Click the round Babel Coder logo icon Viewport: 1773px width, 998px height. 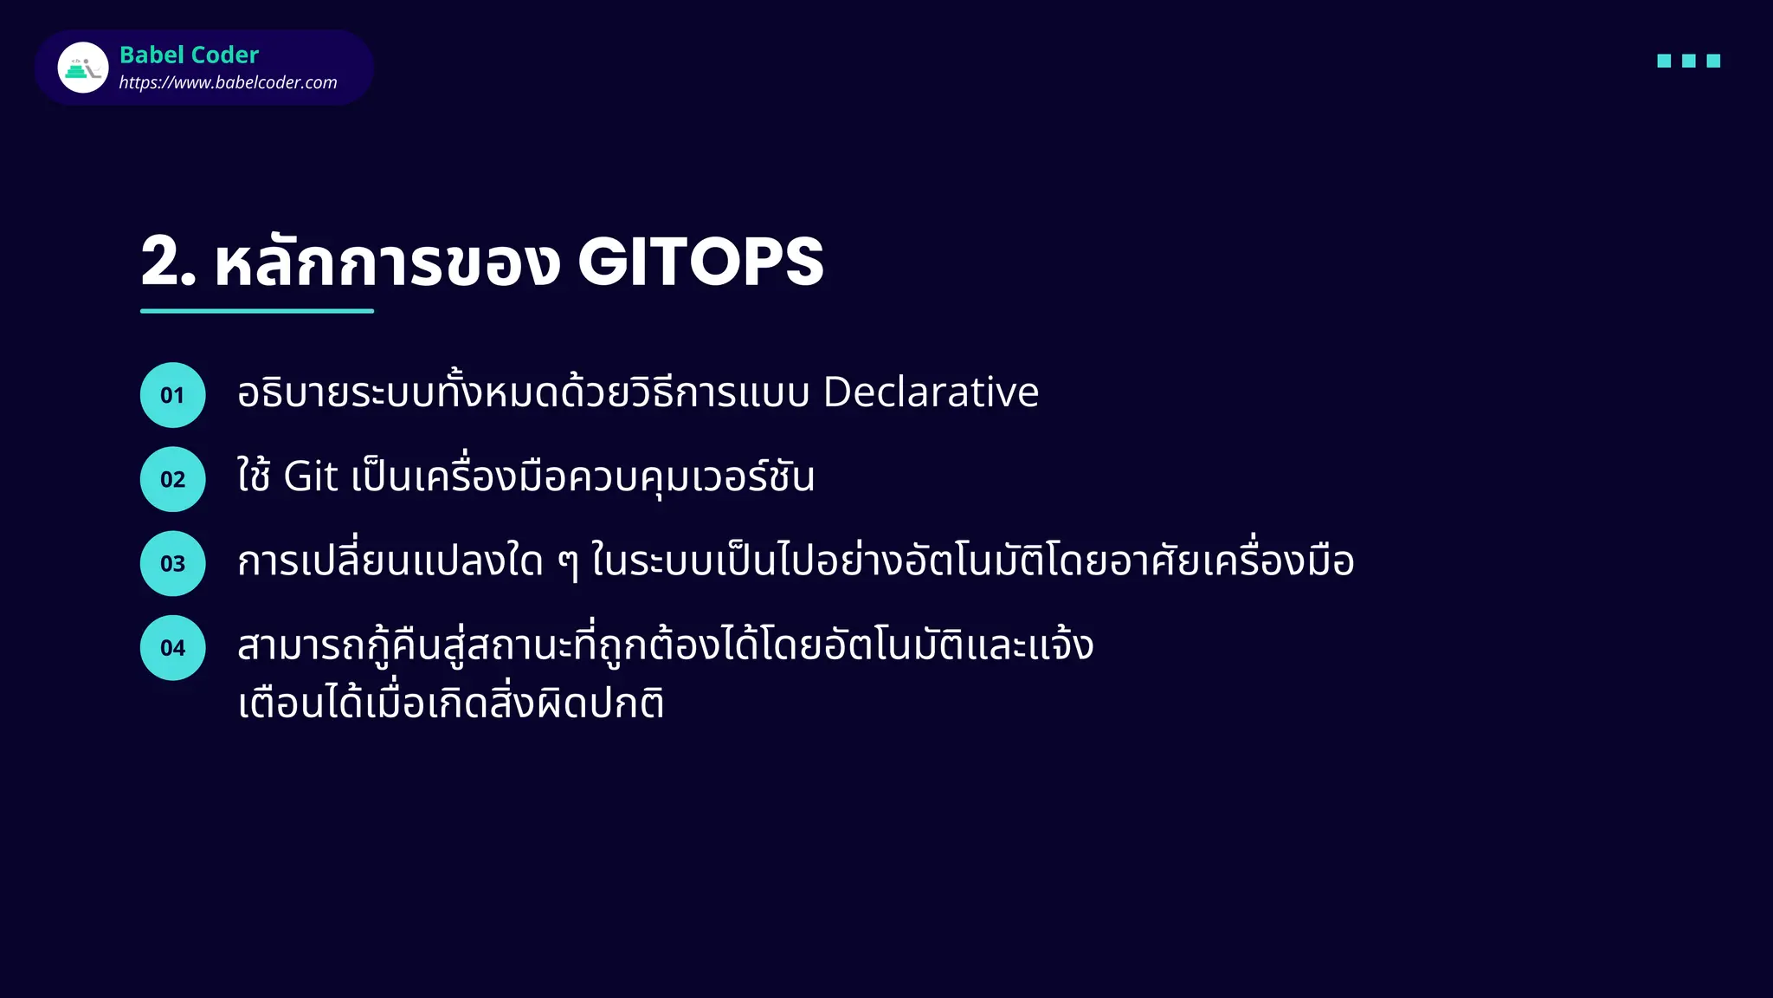[83, 68]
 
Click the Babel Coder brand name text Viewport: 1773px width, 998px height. [189, 55]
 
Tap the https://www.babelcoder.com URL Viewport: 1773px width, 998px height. [228, 82]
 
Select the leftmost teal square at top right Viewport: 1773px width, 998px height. [1663, 61]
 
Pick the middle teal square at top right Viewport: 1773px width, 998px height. [1688, 61]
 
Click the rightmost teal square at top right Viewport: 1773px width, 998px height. [1713, 61]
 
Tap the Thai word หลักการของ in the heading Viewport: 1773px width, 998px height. [387, 262]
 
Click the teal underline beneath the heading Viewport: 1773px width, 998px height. [257, 310]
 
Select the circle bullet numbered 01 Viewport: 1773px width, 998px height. [172, 395]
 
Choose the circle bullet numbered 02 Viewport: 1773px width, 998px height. [172, 479]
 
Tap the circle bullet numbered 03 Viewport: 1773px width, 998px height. [172, 563]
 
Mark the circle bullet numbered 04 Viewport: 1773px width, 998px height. [172, 647]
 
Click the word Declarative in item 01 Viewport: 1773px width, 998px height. [930, 392]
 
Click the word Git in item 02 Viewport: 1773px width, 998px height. [310, 477]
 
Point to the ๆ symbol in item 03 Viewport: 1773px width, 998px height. [567, 563]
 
